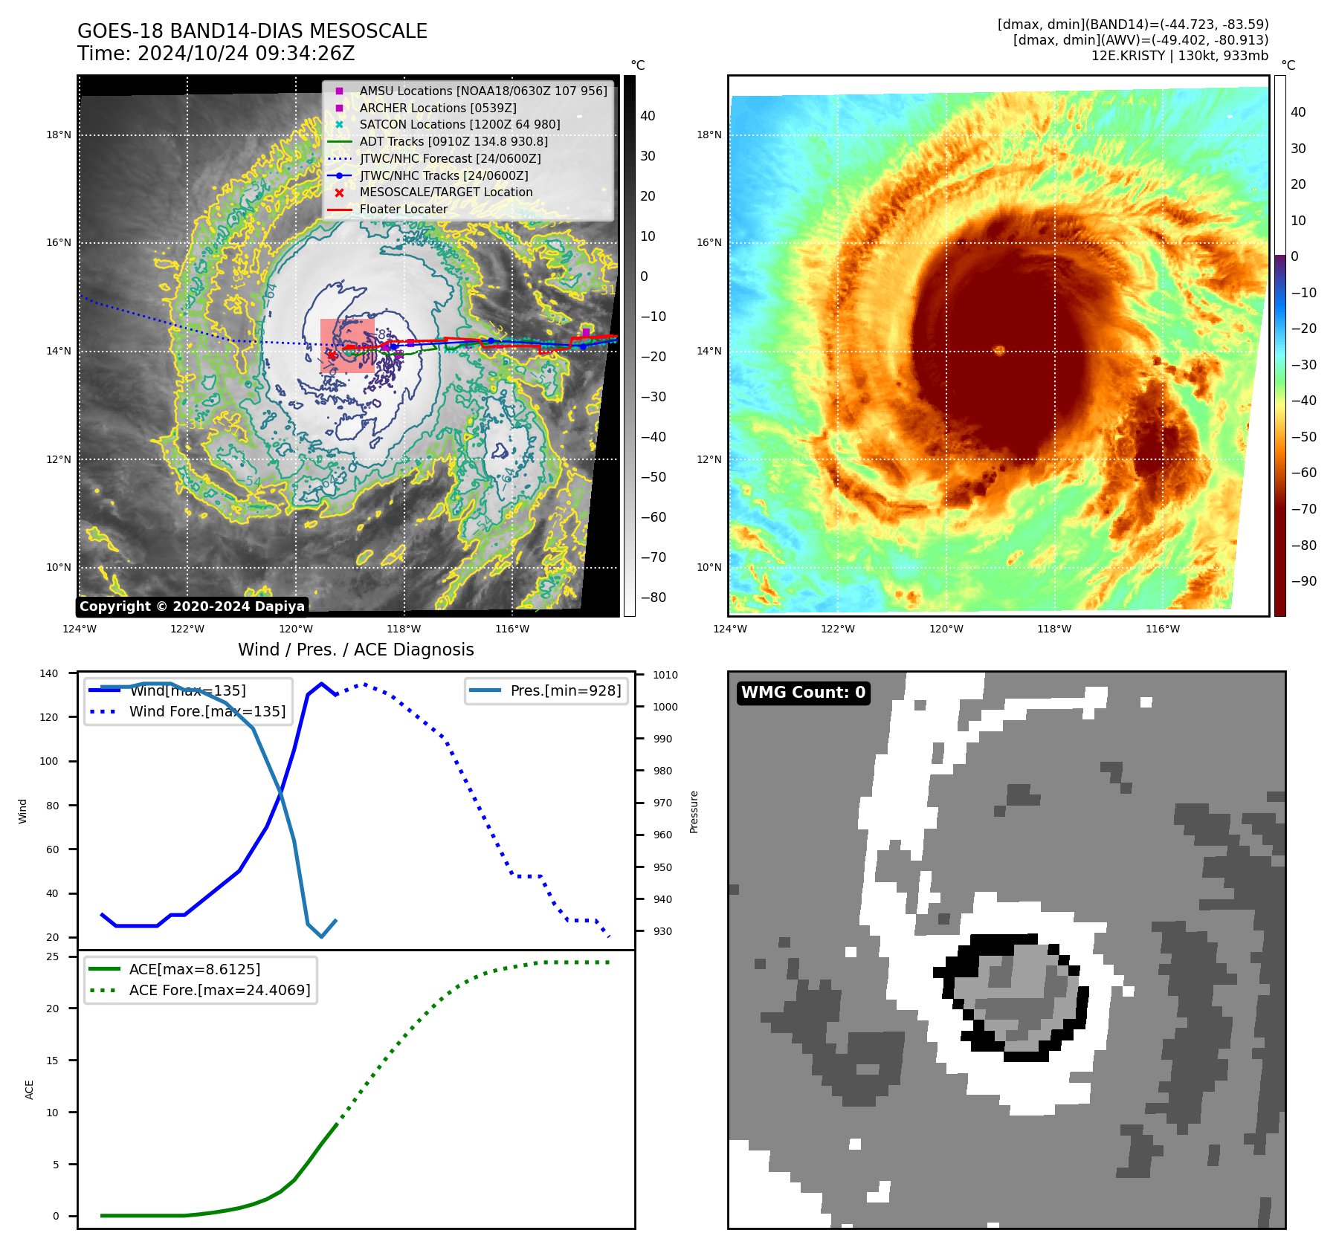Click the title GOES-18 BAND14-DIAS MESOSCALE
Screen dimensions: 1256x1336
click(252, 31)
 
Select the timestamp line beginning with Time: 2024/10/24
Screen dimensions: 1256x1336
click(216, 54)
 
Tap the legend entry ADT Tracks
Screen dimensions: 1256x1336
click(454, 141)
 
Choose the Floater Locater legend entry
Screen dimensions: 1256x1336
click(403, 209)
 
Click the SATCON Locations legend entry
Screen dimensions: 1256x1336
click(459, 124)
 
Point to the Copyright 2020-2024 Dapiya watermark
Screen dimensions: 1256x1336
click(192, 606)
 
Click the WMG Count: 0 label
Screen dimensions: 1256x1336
click(803, 693)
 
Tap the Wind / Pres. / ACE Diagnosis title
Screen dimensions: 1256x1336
click(355, 650)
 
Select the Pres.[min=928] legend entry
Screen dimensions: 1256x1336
click(565, 690)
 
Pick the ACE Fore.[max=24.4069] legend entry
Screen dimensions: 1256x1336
click(219, 990)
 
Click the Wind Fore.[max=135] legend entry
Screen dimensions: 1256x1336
click(207, 711)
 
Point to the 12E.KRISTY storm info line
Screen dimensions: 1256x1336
click(1179, 56)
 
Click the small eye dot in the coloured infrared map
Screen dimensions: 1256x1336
click(999, 350)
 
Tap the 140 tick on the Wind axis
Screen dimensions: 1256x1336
click(49, 673)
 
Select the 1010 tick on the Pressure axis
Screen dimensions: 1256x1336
click(665, 675)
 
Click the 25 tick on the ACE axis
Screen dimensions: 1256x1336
click(53, 956)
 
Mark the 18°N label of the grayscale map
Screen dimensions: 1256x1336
click(59, 135)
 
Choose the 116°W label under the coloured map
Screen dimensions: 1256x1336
click(1162, 629)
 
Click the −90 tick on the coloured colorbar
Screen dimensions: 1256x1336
click(1303, 581)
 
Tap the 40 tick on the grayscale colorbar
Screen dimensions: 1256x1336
click(648, 116)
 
